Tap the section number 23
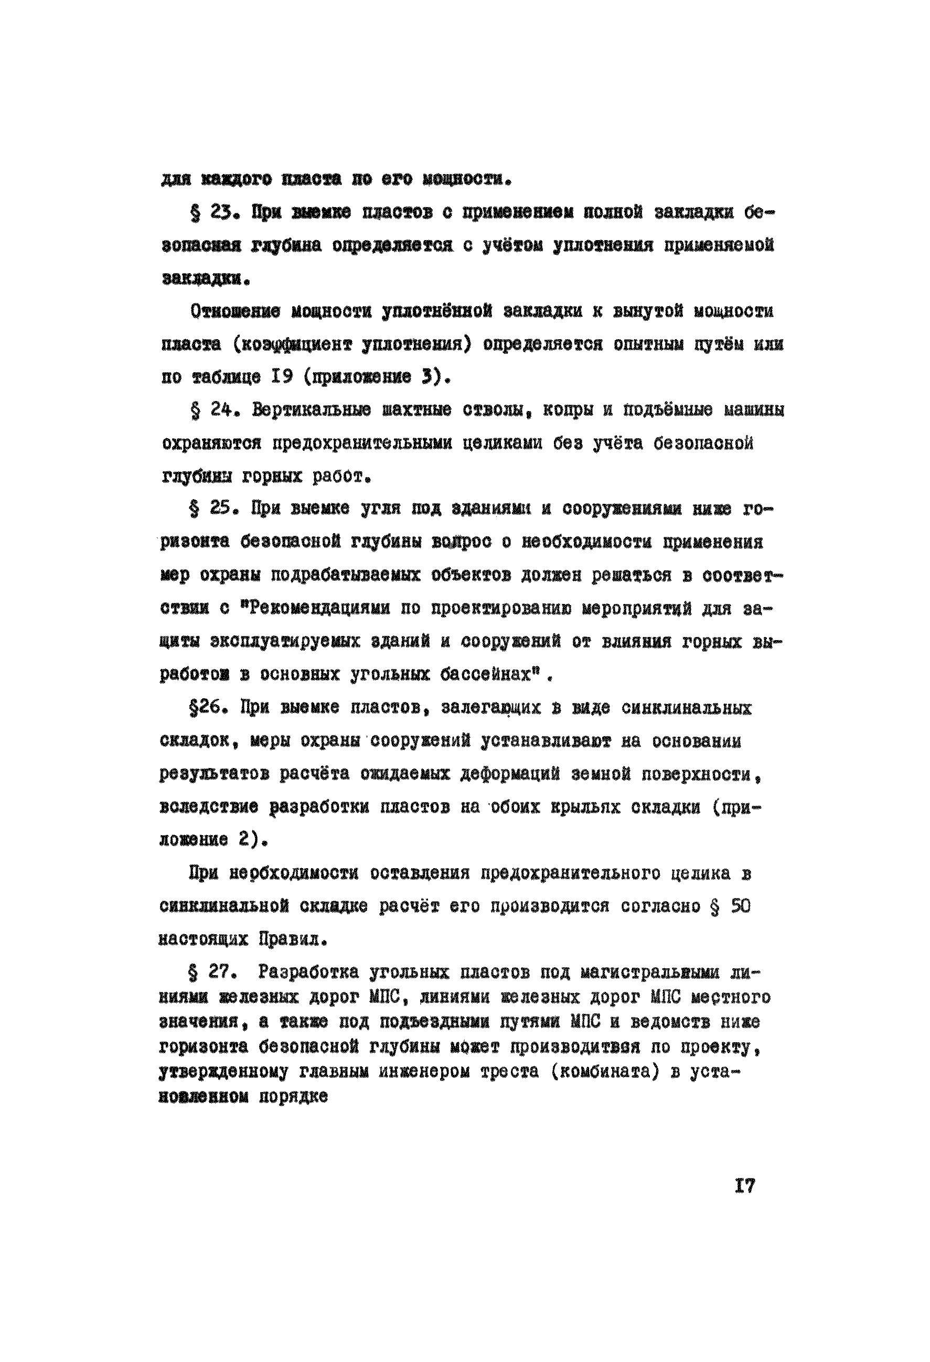point(222,212)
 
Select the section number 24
point(222,411)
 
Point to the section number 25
point(222,509)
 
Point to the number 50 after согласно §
point(741,906)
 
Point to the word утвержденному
point(223,1072)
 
